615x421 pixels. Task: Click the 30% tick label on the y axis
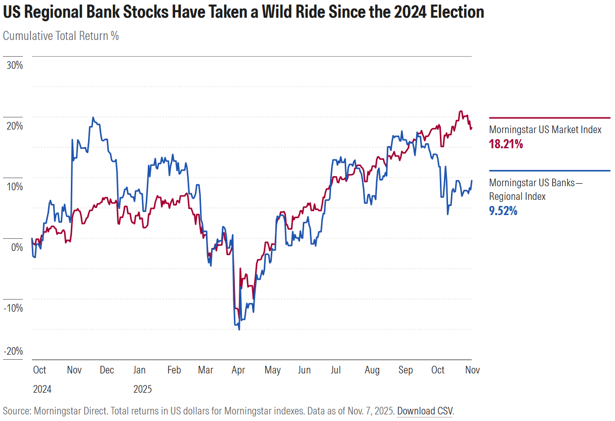(x=14, y=65)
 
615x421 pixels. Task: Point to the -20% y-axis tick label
(x=13, y=351)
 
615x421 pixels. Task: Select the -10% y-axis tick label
(x=13, y=308)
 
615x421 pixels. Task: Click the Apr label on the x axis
(x=238, y=370)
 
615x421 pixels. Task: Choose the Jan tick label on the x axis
(x=139, y=370)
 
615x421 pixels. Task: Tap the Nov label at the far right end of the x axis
(x=472, y=370)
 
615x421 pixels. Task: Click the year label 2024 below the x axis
(x=42, y=390)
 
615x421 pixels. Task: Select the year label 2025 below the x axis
(x=142, y=390)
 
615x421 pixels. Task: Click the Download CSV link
(x=425, y=411)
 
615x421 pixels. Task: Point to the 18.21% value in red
(x=506, y=145)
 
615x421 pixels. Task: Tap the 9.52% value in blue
(x=503, y=211)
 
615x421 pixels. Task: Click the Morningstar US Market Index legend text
(x=545, y=130)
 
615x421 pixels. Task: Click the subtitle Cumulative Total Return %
(x=61, y=36)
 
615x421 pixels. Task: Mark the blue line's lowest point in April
(x=239, y=329)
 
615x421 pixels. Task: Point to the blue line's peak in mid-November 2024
(x=93, y=117)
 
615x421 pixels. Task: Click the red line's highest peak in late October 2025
(x=460, y=111)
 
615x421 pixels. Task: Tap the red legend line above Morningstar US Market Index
(x=549, y=117)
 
